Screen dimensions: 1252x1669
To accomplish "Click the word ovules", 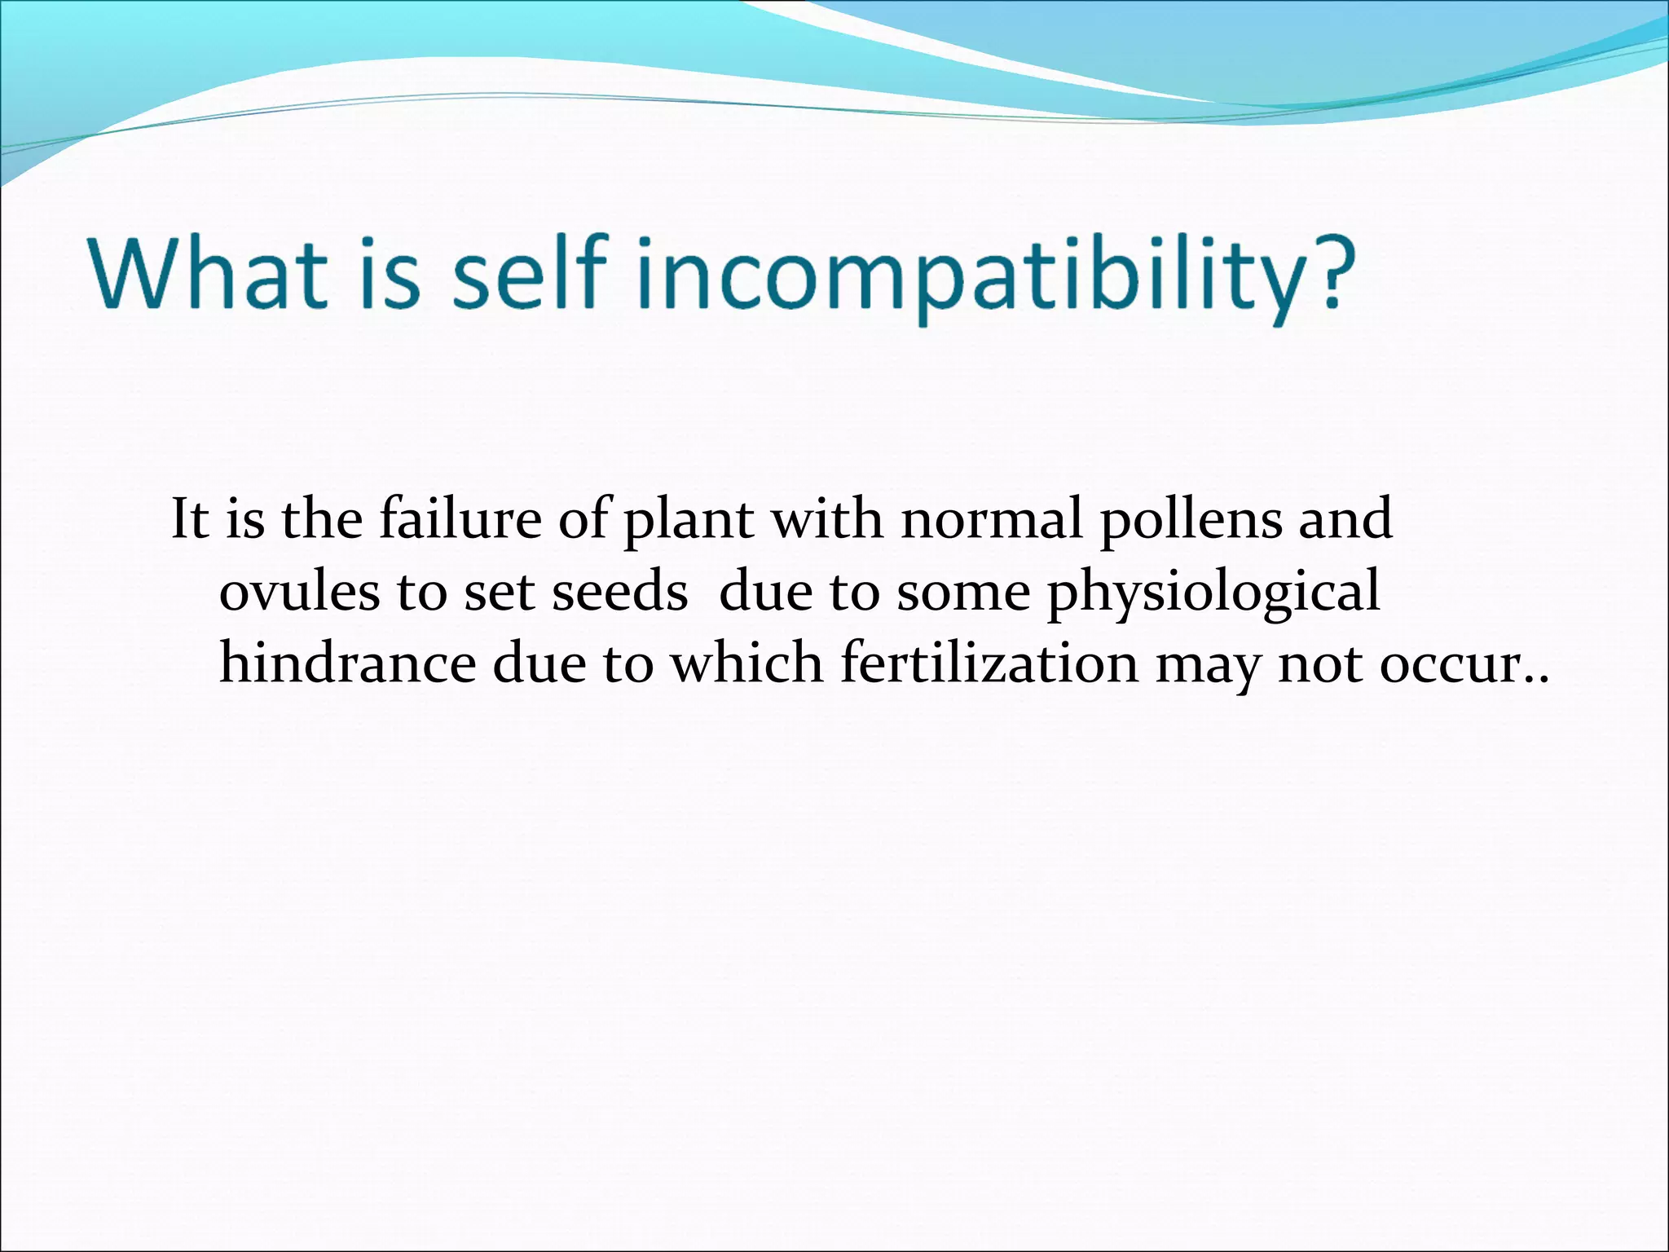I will pyautogui.click(x=299, y=592).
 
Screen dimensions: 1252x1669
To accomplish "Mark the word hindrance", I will pyautogui.click(x=347, y=663).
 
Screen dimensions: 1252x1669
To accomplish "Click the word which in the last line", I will pyautogui.click(x=746, y=663).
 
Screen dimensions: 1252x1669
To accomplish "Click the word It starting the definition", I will pyautogui.click(x=190, y=519).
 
